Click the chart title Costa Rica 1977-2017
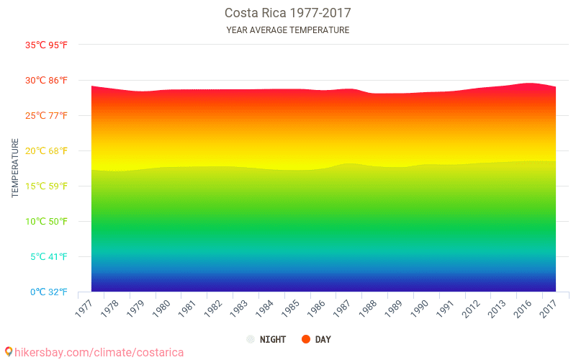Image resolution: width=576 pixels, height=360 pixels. click(287, 13)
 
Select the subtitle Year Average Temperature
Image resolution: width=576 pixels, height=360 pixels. click(287, 30)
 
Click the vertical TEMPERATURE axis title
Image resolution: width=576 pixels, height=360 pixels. click(15, 168)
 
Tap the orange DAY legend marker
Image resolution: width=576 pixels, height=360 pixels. click(305, 339)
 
